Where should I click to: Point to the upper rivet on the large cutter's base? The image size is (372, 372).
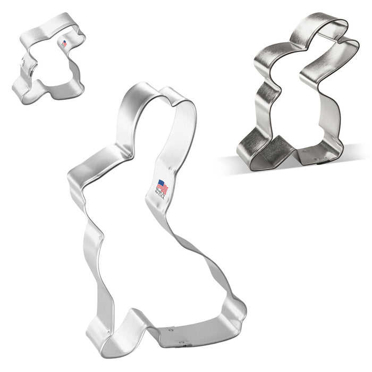click(172, 331)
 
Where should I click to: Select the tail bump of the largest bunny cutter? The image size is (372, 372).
click(234, 308)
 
